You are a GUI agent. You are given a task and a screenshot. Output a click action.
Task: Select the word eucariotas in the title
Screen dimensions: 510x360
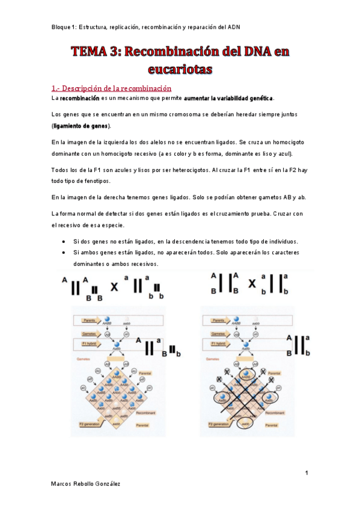pos(179,69)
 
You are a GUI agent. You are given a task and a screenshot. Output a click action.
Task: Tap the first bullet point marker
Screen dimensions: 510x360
pos(64,241)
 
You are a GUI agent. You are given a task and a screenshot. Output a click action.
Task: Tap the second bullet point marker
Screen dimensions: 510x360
pos(64,253)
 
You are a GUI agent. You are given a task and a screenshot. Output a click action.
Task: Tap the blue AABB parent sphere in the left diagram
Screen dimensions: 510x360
pos(108,320)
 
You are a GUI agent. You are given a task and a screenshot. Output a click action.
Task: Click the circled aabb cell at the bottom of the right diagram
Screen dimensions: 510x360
pos(245,423)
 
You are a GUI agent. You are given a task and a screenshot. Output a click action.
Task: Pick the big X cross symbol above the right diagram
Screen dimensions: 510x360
pos(253,282)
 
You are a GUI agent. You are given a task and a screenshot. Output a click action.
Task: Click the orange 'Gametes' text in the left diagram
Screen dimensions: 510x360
pos(83,357)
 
